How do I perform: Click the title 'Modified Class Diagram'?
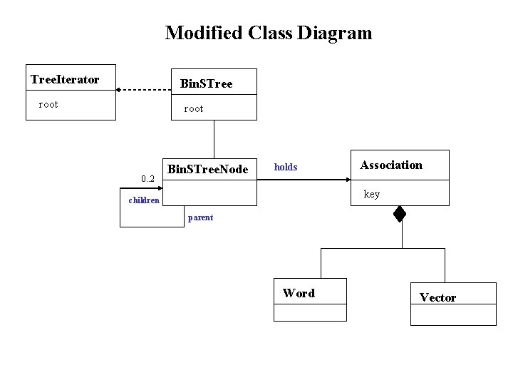268,33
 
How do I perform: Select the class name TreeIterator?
65,79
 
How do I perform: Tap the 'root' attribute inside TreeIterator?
48,105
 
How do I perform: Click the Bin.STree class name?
207,84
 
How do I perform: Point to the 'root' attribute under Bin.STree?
193,109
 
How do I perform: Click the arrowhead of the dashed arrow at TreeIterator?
120,90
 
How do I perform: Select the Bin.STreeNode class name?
207,169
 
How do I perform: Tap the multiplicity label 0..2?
148,178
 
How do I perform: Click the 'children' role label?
144,200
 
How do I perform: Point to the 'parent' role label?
200,217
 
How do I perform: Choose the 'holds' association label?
286,168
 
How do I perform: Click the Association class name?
391,165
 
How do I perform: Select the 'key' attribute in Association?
372,194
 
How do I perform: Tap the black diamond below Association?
400,213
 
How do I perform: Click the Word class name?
299,293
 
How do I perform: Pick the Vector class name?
437,297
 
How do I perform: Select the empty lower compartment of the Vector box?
453,315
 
